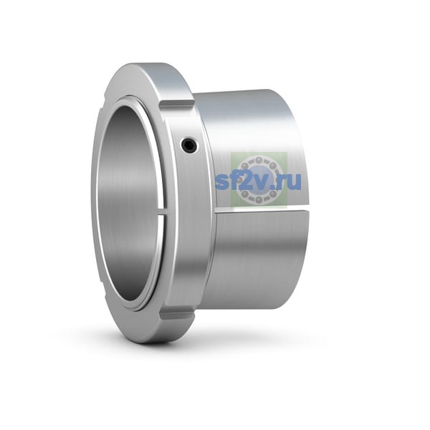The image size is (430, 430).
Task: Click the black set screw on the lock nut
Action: tap(190, 145)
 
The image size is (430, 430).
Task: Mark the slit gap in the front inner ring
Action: tap(163, 212)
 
